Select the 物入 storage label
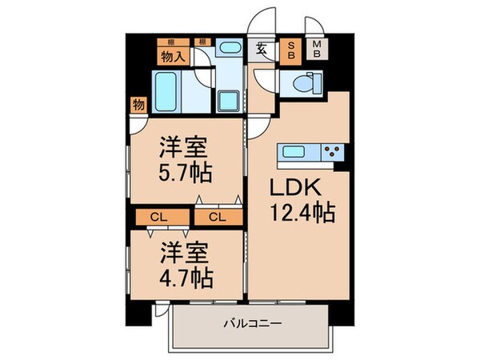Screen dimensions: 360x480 coord(170,56)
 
